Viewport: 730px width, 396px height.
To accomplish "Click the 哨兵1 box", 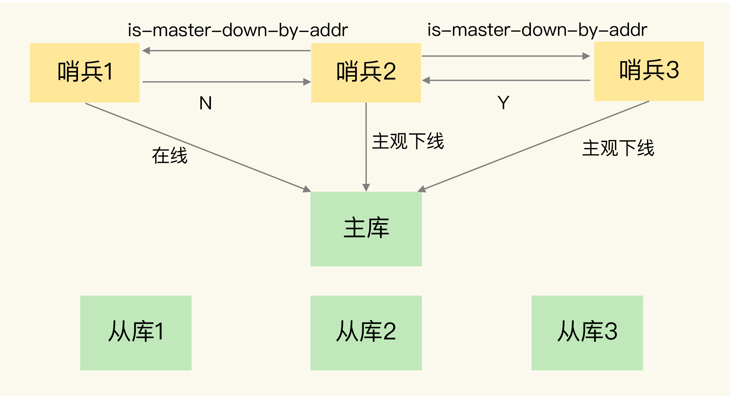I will coord(85,73).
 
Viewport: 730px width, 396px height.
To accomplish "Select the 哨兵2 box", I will coord(366,73).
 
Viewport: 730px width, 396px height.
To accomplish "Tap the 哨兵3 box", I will coord(649,71).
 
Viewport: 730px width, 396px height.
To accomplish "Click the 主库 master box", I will coord(366,229).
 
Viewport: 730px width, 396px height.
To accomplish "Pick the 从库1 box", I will coord(136,333).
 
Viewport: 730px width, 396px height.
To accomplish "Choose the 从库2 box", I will coord(366,333).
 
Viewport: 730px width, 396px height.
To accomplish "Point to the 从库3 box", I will coord(587,333).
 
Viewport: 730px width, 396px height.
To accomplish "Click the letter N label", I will coord(206,103).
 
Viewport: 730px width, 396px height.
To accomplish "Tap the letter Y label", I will coord(503,103).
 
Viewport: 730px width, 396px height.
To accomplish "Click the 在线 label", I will coord(170,155).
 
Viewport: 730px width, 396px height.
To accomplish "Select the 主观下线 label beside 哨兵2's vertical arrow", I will coord(408,141).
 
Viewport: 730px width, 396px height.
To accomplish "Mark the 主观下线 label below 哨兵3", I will coord(618,148).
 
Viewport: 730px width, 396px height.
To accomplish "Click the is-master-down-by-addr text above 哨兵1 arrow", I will coord(238,30).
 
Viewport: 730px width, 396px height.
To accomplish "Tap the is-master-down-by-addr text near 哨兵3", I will coord(537,30).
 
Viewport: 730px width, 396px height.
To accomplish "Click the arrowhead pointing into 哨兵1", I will coord(146,51).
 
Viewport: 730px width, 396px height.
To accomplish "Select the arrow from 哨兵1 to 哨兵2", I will coord(226,82).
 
